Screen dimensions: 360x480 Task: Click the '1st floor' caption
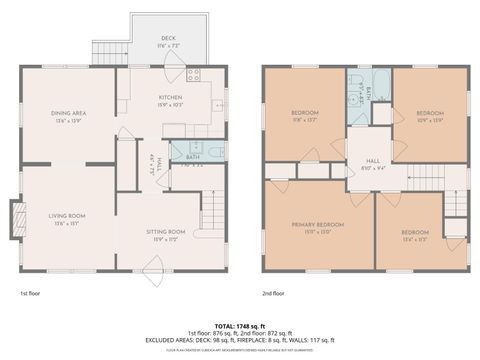pyautogui.click(x=30, y=294)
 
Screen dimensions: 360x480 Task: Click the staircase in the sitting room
pyautogui.click(x=211, y=210)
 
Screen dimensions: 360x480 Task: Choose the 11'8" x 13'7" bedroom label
pyautogui.click(x=306, y=112)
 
